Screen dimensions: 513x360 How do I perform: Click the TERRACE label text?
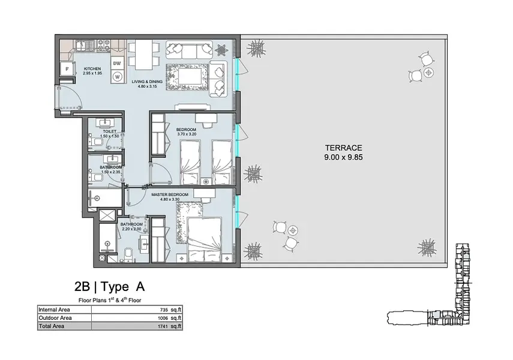(344, 148)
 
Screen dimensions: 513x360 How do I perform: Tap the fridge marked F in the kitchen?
(67, 69)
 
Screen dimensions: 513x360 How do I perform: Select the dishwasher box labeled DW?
(117, 64)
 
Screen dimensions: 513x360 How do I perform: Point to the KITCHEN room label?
(92, 69)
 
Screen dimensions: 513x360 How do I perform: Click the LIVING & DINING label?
(147, 82)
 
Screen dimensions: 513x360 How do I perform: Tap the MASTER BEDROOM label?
(170, 194)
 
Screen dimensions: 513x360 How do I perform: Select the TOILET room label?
(110, 131)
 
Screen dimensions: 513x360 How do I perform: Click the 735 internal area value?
(164, 310)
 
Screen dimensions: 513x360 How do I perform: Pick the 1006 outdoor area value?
(163, 318)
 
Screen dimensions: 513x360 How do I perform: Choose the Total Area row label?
(52, 326)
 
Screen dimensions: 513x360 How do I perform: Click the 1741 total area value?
(163, 326)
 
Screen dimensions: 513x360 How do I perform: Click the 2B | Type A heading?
(110, 287)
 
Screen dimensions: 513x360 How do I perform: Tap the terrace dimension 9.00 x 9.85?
(344, 157)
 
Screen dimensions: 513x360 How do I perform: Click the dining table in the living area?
(144, 55)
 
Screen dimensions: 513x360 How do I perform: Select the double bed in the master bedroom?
(205, 239)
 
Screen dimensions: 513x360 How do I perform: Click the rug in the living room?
(187, 77)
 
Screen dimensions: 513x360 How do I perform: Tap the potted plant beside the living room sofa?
(222, 49)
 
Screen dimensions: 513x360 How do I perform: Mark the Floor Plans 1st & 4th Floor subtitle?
(110, 300)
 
